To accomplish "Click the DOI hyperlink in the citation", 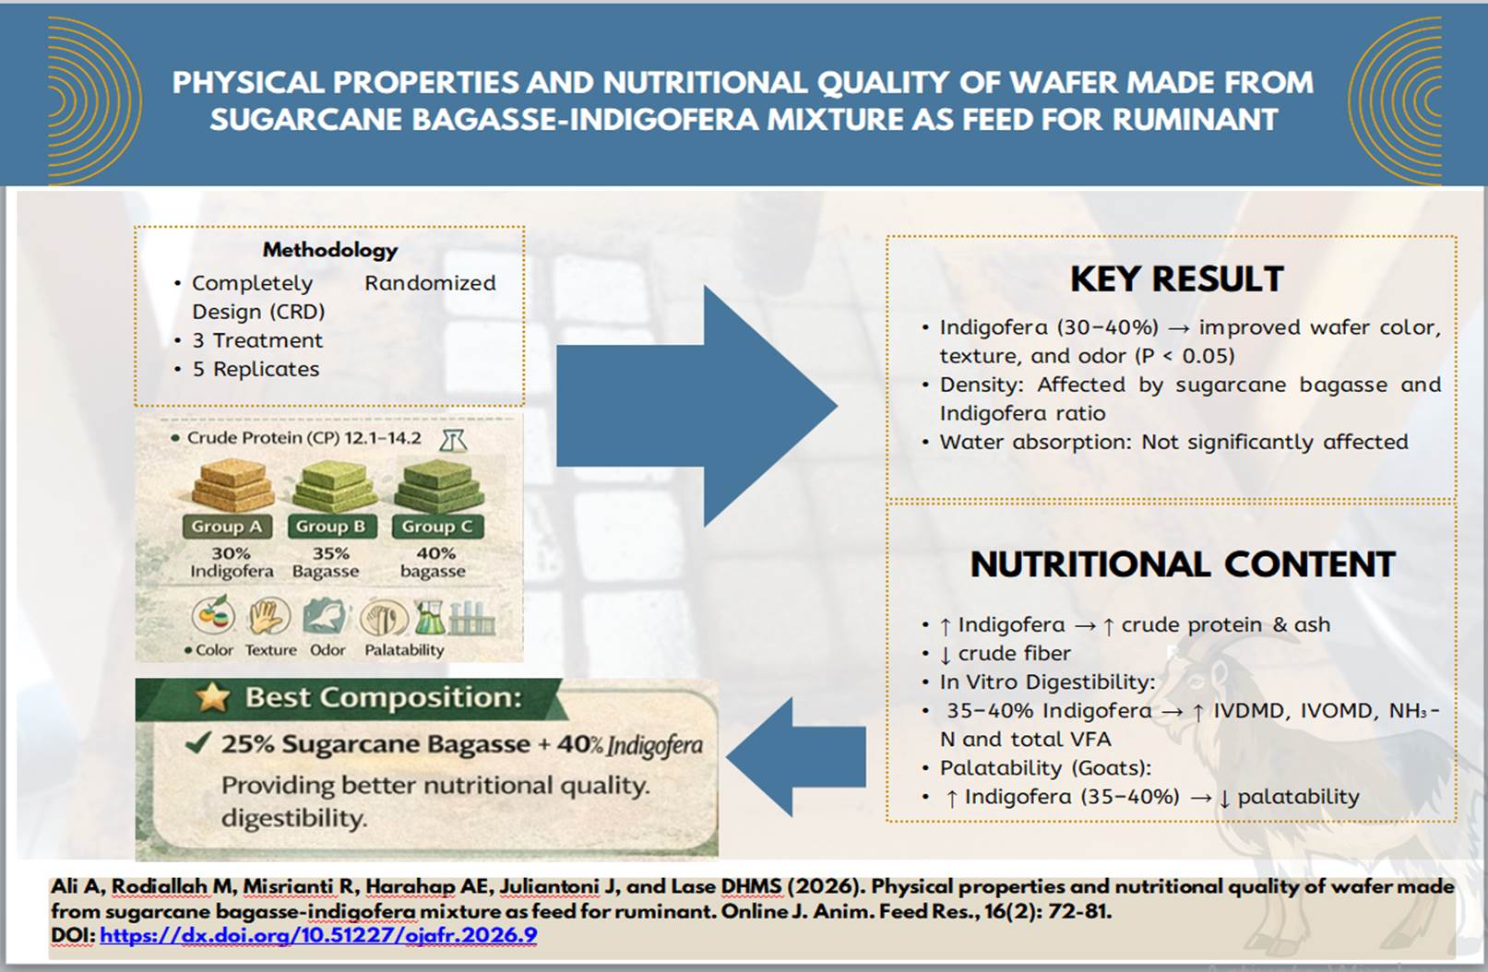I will (318, 935).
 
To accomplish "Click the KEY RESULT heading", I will (1176, 279).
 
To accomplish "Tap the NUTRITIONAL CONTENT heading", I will (1182, 564).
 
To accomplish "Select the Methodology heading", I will (329, 250).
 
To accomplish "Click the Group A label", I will (226, 527).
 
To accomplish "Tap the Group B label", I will (330, 527).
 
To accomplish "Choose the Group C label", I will (436, 527).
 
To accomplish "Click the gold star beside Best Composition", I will (213, 698).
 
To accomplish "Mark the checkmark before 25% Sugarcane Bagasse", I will (197, 743).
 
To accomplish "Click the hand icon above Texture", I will (268, 617).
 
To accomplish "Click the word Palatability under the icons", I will (404, 650).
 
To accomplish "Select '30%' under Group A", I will (231, 553).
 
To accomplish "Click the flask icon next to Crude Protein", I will (453, 440).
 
